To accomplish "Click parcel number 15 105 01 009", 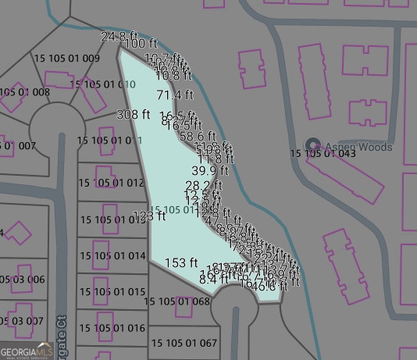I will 66,58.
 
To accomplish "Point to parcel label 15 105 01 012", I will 112,183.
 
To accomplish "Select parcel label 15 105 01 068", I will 177,301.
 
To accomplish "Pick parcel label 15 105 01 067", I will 184,343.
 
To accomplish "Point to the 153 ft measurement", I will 181,263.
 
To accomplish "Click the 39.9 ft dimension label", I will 210,170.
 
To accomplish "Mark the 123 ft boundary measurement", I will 150,216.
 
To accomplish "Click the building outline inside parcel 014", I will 101,251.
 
